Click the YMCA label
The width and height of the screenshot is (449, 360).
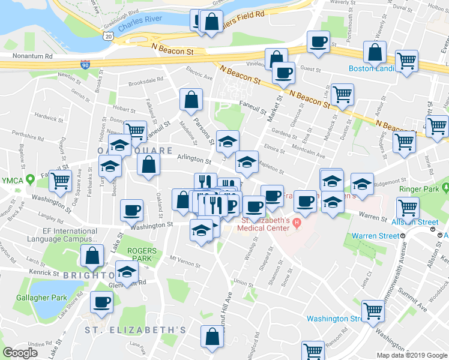[x=10, y=181]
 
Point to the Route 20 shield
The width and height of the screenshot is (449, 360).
[x=107, y=36]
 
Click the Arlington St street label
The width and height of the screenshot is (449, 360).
[x=194, y=161]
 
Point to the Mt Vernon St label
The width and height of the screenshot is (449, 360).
[x=183, y=259]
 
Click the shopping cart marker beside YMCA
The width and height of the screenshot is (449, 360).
[x=60, y=180]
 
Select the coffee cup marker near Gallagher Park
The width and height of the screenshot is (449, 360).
[x=101, y=301]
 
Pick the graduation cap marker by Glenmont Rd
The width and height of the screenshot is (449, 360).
[x=126, y=271]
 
